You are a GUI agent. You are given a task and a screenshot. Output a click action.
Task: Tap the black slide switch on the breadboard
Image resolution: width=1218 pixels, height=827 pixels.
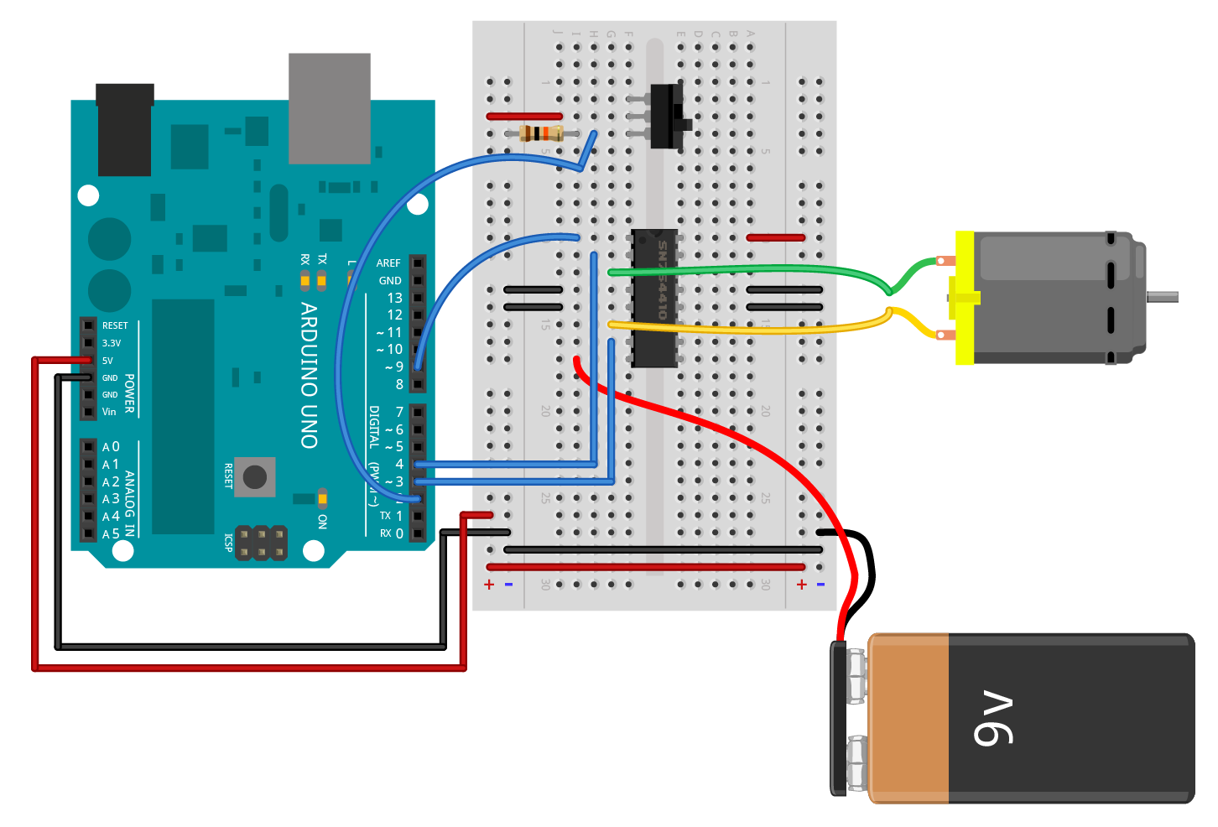click(x=668, y=117)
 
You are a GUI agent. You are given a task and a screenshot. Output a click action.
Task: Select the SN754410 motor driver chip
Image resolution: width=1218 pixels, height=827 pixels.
click(x=655, y=298)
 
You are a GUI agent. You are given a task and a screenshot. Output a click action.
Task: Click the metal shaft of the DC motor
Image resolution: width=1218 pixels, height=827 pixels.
click(x=1163, y=296)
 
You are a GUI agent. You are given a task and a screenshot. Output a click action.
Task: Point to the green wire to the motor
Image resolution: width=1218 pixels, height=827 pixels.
click(x=755, y=270)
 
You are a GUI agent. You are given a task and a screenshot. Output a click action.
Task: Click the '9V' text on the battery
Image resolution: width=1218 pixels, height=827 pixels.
click(x=994, y=720)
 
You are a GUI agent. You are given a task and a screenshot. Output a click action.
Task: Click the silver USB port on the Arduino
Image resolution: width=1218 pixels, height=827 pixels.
click(x=330, y=108)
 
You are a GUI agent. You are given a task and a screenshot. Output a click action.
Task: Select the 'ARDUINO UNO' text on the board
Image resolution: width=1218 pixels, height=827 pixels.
click(x=310, y=375)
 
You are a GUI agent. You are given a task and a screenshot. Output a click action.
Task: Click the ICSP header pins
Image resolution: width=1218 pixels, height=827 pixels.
click(x=261, y=543)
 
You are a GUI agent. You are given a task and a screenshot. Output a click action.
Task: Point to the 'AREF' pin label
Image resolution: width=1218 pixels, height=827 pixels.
click(x=388, y=263)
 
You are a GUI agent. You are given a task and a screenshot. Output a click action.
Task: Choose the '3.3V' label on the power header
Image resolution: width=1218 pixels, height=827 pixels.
click(x=112, y=343)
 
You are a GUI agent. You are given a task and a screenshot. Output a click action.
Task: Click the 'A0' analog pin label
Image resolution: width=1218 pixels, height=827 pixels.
click(x=111, y=447)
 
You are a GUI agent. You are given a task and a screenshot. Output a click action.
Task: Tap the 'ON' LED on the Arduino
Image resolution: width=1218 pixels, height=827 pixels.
click(x=322, y=500)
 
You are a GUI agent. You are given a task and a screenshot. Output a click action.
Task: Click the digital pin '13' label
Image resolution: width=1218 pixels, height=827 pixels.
click(x=394, y=298)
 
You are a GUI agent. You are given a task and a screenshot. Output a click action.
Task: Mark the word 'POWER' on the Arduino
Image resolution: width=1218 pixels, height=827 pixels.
click(x=130, y=393)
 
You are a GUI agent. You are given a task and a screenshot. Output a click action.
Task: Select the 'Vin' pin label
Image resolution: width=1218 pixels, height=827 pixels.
click(x=109, y=412)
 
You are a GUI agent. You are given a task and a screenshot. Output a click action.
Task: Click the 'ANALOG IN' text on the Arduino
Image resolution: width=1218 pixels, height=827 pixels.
click(x=130, y=503)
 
